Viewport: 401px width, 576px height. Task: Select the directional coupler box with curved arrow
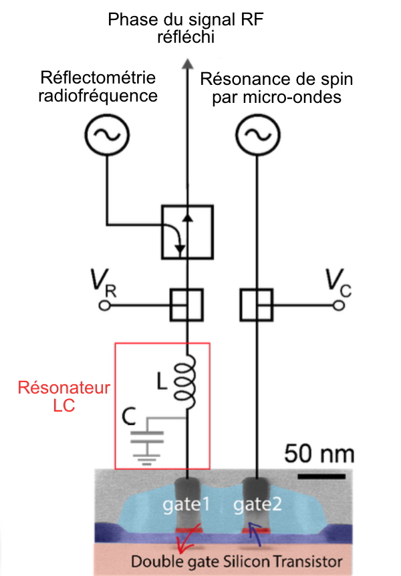pos(187,233)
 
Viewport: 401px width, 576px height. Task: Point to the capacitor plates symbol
pos(146,437)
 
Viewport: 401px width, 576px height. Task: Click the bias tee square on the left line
pos(187,305)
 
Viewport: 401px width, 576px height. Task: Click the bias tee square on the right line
pos(256,305)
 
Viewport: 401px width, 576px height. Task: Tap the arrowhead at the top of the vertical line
pos(187,63)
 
